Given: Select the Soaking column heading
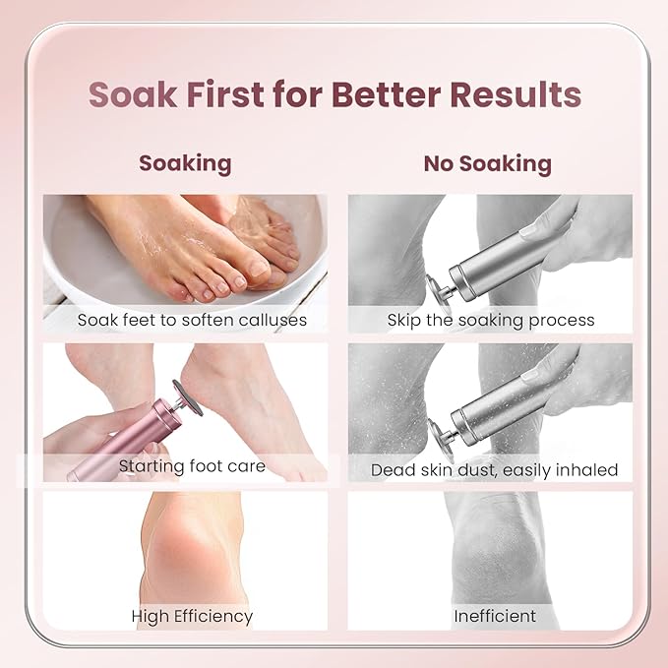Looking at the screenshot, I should point(185,162).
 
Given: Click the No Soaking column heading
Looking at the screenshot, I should point(488,163).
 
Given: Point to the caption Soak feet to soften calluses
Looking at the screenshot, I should point(192,320).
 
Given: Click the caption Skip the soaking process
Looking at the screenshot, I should point(490,320).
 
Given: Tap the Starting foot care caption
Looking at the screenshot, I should point(192,465).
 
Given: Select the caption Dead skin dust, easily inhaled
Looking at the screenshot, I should point(494,470).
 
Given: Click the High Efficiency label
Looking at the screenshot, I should point(192,617).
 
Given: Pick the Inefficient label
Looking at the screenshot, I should point(495,617).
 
